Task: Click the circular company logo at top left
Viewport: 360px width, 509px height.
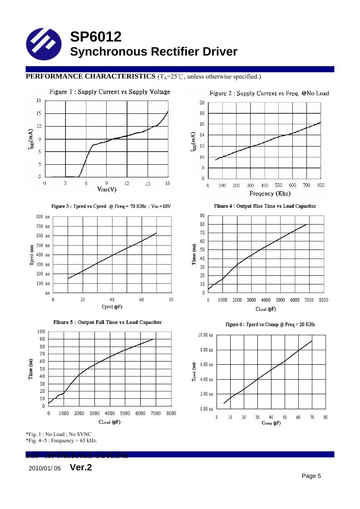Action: (x=44, y=44)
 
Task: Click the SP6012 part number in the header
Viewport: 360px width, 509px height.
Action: (x=96, y=37)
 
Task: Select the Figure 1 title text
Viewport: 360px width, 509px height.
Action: (x=110, y=92)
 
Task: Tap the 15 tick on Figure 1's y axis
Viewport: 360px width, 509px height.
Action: (x=39, y=113)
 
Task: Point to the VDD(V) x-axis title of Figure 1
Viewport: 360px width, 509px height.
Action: (x=107, y=189)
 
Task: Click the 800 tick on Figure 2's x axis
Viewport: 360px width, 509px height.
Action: (x=321, y=186)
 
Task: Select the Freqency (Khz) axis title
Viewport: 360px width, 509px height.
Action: (x=270, y=194)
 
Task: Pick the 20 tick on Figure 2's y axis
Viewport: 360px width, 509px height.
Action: (x=202, y=103)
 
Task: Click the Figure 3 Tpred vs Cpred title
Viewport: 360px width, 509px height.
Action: (x=111, y=206)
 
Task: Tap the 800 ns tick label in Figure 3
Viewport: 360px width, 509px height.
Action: (x=43, y=217)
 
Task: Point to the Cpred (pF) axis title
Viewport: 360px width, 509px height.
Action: (x=112, y=307)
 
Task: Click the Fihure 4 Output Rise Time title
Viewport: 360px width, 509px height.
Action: (x=265, y=206)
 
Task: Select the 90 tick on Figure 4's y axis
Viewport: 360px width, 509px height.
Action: (x=202, y=215)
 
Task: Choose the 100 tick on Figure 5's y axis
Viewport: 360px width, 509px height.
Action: (x=40, y=332)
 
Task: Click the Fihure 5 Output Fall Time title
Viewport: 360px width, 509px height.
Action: (x=108, y=323)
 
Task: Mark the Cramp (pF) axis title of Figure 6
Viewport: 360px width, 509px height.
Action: (x=271, y=423)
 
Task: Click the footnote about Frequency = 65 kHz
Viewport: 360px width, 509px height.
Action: (x=61, y=441)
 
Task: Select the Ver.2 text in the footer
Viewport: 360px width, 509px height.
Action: (x=81, y=467)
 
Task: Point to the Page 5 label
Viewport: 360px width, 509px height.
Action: (x=311, y=476)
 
